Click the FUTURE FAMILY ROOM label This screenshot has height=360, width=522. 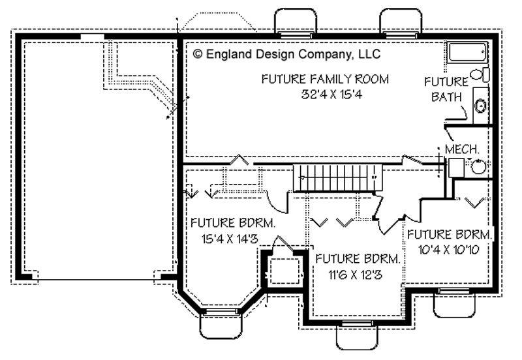[x=325, y=79]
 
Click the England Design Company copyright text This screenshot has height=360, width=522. [x=286, y=55]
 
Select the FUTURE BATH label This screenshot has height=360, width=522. [x=446, y=89]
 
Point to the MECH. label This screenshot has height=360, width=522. [x=462, y=149]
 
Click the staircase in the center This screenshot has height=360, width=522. [x=336, y=177]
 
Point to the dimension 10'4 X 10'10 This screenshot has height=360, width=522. [x=450, y=248]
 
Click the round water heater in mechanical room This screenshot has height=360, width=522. [x=478, y=167]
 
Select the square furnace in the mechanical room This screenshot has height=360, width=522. [x=455, y=167]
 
